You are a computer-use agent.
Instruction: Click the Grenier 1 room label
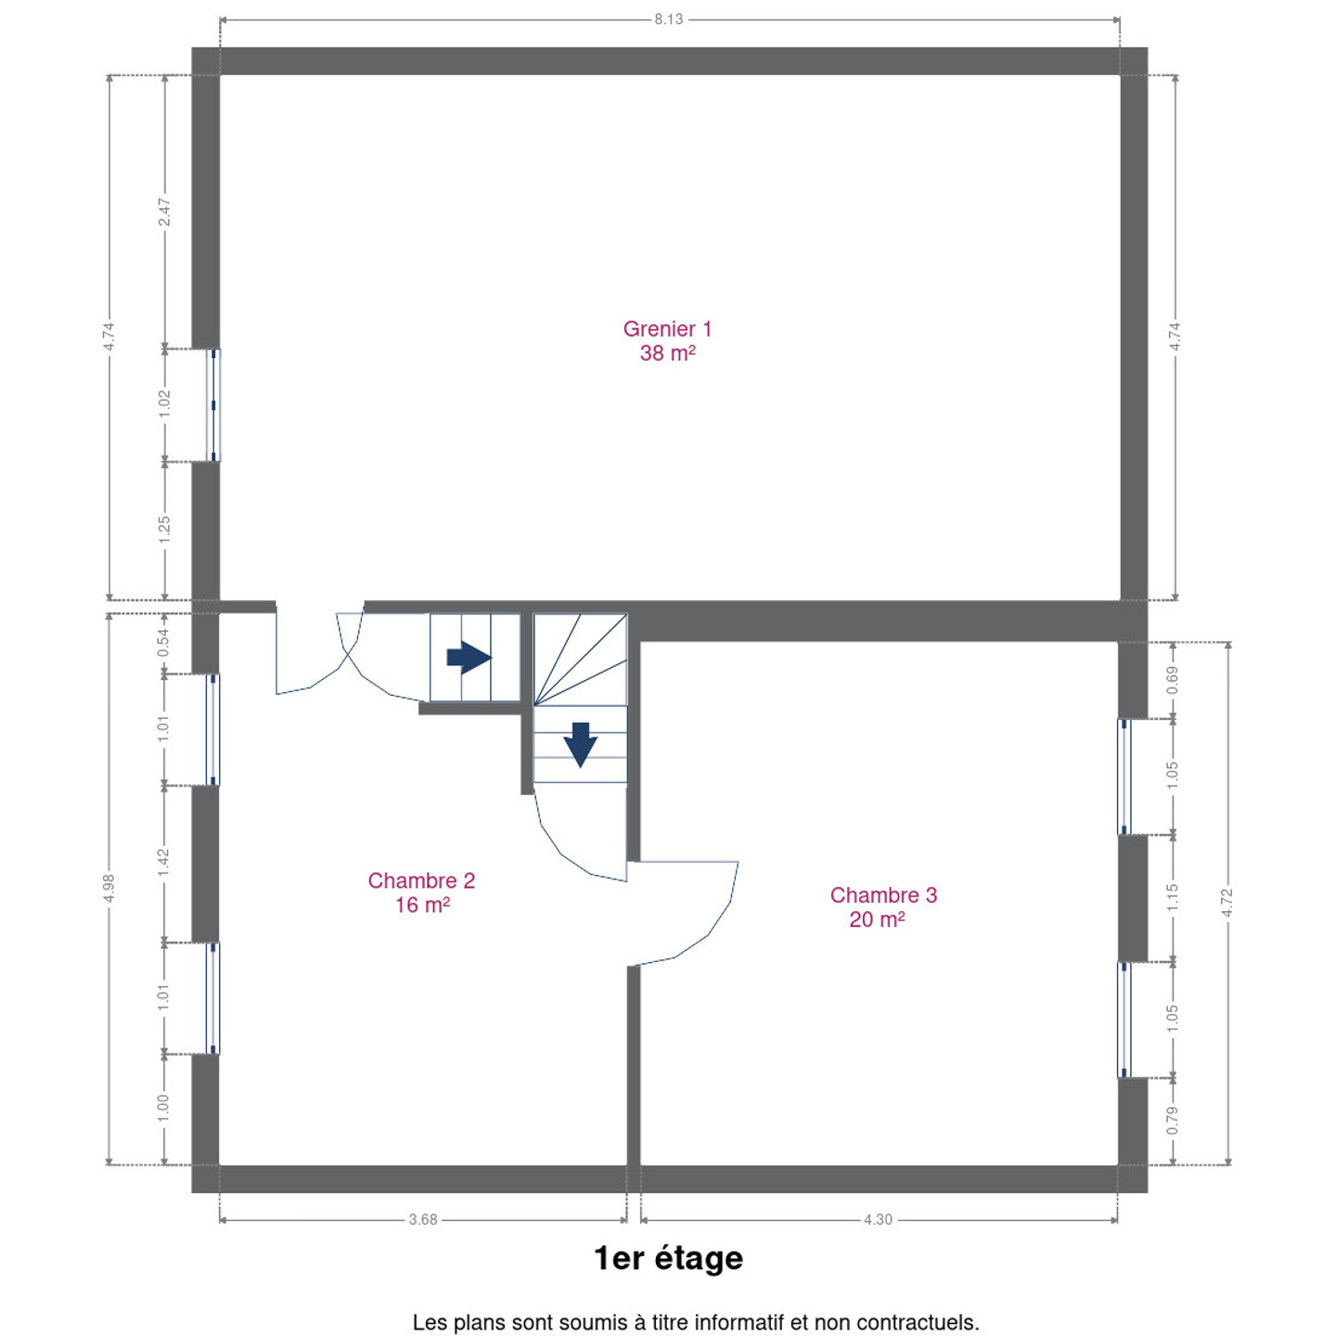[x=667, y=340]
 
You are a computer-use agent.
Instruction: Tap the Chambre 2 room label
[x=421, y=893]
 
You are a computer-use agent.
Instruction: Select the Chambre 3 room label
[x=883, y=906]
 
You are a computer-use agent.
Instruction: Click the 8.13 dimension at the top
[x=668, y=19]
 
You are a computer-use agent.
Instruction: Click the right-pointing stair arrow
[x=469, y=657]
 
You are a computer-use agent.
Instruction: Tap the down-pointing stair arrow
[x=580, y=745]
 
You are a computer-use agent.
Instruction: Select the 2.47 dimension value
[x=164, y=212]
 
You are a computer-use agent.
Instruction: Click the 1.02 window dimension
[x=164, y=405]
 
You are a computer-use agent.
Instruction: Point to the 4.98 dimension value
[x=109, y=889]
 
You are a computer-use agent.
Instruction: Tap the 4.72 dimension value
[x=1227, y=903]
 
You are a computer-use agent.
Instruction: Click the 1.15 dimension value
[x=1173, y=898]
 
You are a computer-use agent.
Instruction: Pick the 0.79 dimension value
[x=1173, y=1121]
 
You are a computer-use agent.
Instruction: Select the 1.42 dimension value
[x=163, y=863]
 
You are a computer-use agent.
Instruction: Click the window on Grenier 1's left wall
[x=213, y=405]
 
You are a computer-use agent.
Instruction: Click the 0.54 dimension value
[x=163, y=643]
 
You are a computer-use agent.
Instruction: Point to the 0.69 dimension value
[x=1173, y=680]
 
